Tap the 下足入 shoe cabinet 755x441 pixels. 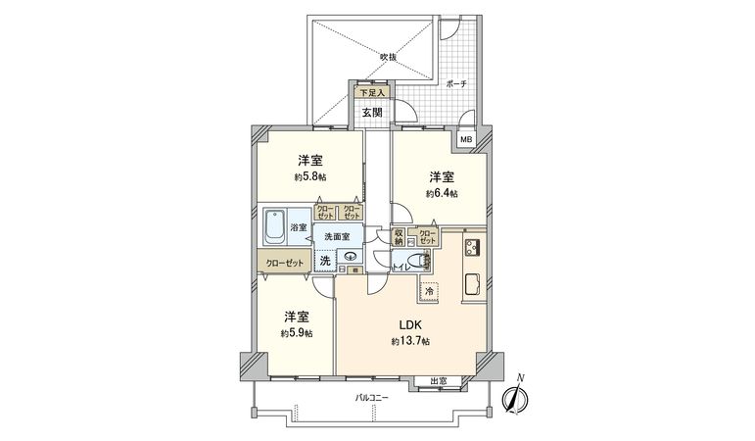click(372, 93)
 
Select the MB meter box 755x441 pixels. click(467, 140)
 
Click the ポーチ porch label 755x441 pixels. click(454, 84)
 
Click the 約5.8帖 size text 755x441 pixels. click(310, 177)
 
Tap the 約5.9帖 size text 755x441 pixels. click(297, 333)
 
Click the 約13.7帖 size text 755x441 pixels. click(410, 340)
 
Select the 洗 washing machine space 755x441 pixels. click(324, 261)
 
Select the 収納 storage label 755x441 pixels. click(400, 236)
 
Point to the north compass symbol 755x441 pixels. click(515, 398)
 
